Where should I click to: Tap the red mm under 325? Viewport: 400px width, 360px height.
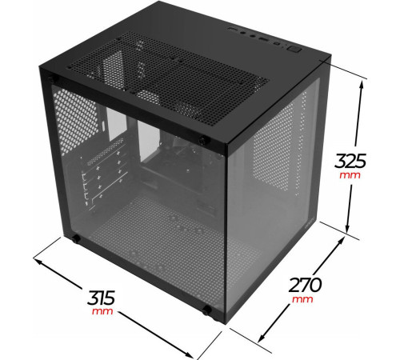point(349,175)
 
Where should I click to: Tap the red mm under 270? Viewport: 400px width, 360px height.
point(302,299)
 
